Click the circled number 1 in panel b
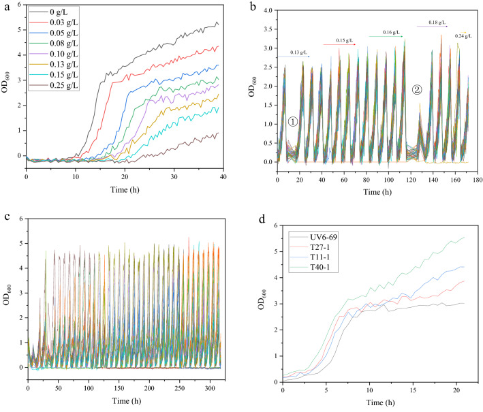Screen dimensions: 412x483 292,122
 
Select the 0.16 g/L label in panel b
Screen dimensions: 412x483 392,33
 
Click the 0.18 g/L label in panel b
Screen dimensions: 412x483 438,23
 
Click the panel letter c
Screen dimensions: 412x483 5,217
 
